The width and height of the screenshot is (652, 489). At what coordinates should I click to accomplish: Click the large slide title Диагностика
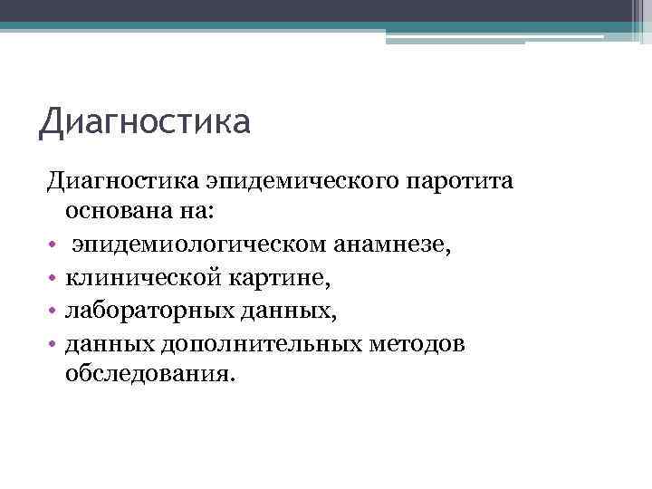(x=144, y=120)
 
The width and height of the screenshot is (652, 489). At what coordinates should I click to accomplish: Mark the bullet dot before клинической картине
(x=53, y=278)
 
